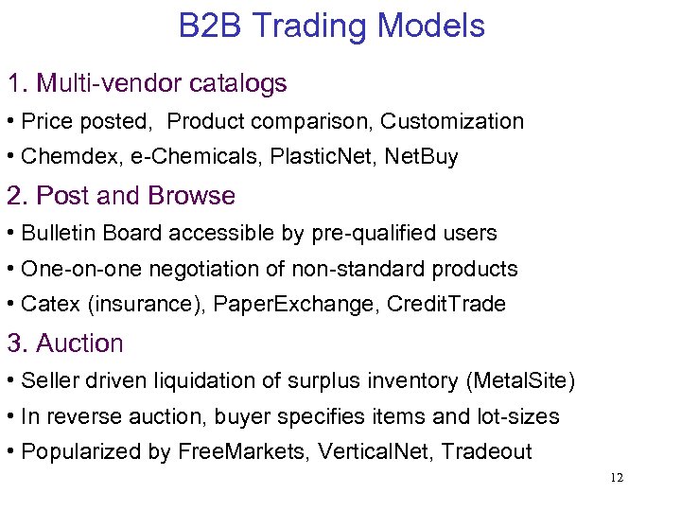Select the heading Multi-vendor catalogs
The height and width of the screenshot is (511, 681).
(x=161, y=83)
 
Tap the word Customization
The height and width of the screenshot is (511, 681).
(x=452, y=121)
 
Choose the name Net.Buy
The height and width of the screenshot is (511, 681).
(x=421, y=157)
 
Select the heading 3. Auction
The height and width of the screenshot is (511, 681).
(x=65, y=343)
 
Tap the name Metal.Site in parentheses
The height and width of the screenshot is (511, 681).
(x=520, y=380)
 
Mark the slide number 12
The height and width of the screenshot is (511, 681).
(x=617, y=478)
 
